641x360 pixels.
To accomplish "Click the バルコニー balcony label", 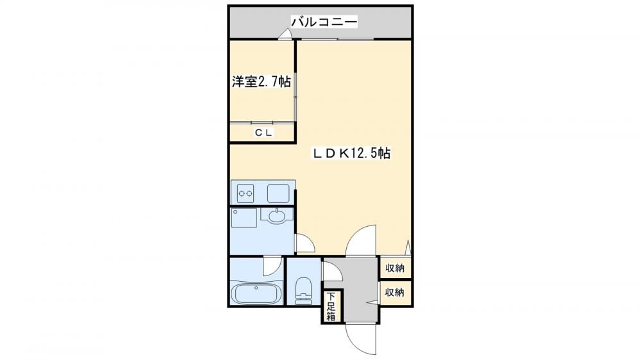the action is (324, 21).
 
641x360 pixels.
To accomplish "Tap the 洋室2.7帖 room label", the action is (262, 82).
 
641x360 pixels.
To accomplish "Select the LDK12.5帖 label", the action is (351, 153).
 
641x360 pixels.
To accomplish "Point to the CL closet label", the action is (263, 133).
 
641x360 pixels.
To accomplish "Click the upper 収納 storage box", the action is (394, 268).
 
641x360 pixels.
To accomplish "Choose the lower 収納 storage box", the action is (394, 293).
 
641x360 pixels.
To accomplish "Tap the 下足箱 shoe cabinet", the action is (331, 306).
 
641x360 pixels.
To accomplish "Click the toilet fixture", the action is (303, 291).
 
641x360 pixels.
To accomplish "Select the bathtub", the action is (256, 292).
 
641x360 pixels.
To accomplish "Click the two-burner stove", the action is (246, 193).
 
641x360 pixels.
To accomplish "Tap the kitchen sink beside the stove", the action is (278, 193).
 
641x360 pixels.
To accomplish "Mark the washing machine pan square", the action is (244, 217).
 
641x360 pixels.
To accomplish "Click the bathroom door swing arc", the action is (272, 266).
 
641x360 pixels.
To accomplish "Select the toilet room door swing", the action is (330, 272).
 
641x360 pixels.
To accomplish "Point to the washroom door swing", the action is (304, 243).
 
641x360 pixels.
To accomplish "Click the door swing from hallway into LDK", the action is (360, 241).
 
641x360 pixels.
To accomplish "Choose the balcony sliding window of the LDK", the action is (338, 39).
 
